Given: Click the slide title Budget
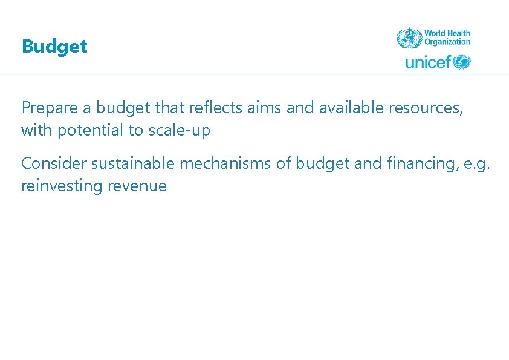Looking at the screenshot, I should [54, 47].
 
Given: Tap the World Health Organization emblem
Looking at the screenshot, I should [409, 38].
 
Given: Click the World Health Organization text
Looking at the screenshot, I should [447, 38].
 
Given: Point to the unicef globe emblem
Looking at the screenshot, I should [462, 62].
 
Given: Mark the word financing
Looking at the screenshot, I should [407, 163].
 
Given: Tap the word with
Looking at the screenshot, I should [36, 131].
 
